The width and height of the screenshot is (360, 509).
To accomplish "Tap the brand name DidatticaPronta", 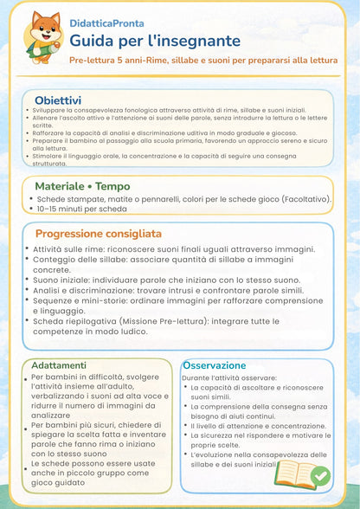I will [107, 23].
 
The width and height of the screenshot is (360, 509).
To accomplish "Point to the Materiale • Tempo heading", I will [82, 186].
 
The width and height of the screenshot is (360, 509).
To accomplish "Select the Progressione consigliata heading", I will [98, 234].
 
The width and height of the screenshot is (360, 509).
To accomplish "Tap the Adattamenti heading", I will [58, 365].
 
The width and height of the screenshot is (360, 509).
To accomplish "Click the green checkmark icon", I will [319, 475].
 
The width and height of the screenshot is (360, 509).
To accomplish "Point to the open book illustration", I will [294, 474].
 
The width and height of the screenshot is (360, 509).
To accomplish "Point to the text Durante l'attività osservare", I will [229, 378].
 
